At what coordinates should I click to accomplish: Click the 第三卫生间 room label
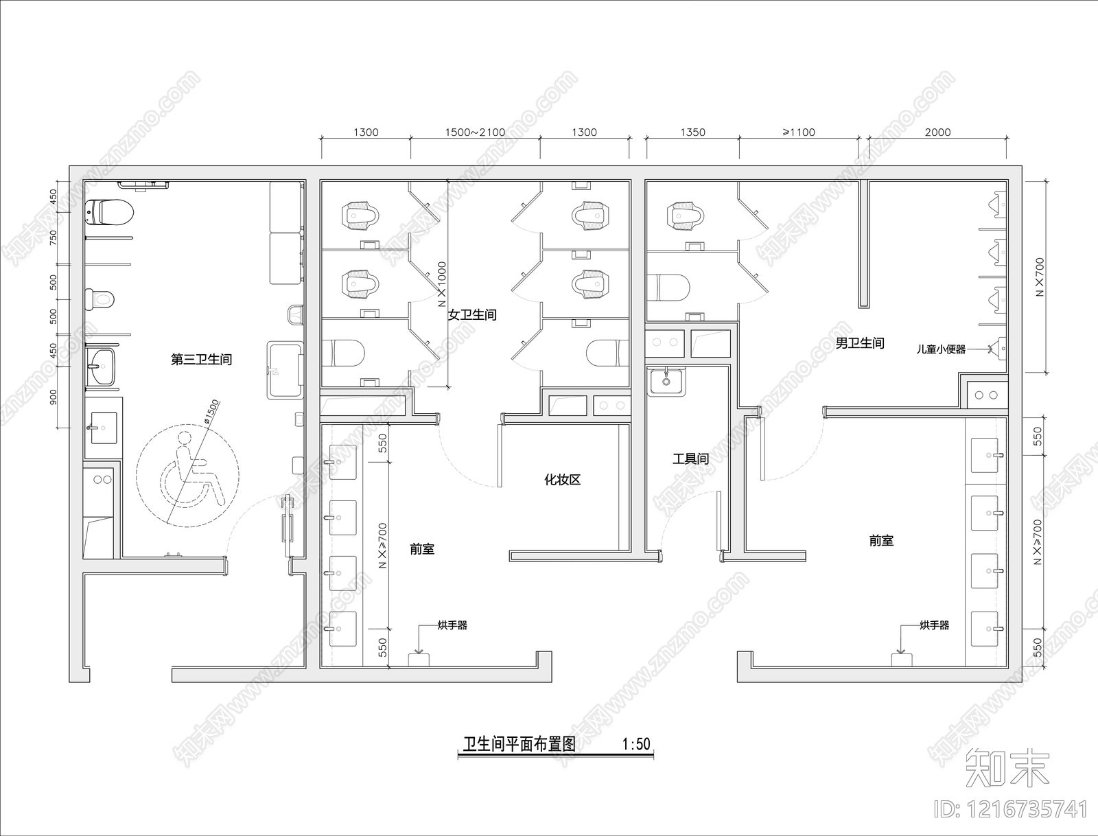[201, 360]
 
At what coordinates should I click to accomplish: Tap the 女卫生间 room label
[472, 315]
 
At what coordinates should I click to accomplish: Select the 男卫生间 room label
[860, 343]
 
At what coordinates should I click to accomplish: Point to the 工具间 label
[690, 458]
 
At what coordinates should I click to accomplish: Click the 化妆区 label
[563, 480]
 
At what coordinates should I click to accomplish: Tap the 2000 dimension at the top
[937, 132]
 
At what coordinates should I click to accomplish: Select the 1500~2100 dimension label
[475, 132]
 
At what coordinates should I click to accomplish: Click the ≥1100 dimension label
[799, 132]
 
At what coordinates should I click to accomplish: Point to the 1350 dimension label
[692, 132]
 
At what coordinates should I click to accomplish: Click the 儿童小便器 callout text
[941, 349]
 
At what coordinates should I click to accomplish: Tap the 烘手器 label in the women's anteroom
[452, 625]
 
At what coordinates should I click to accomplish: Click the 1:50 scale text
[636, 744]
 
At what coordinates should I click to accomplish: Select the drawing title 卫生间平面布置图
[519, 744]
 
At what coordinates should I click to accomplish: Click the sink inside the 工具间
[666, 380]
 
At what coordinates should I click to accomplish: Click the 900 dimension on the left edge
[54, 397]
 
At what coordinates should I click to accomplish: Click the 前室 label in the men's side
[881, 541]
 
